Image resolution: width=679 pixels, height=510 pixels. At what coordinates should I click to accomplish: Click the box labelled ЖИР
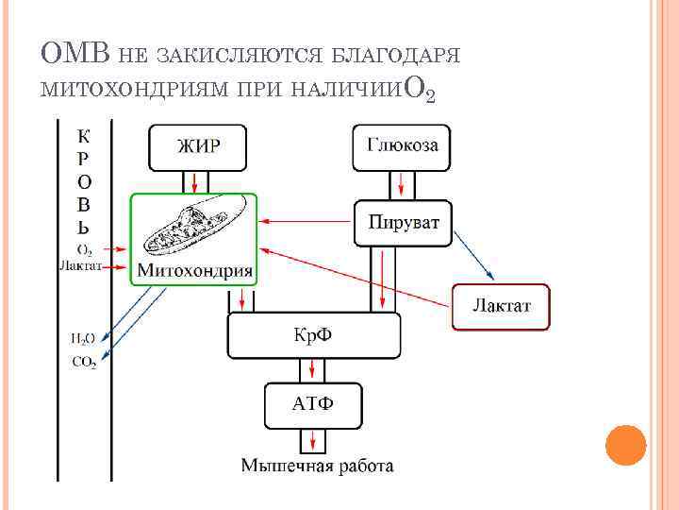pyautogui.click(x=198, y=146)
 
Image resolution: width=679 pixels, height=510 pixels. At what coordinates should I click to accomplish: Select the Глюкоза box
pyautogui.click(x=403, y=146)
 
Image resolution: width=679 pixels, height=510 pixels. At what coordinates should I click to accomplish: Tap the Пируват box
pyautogui.click(x=403, y=224)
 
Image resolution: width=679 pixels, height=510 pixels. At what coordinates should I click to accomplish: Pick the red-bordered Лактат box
pyautogui.click(x=501, y=307)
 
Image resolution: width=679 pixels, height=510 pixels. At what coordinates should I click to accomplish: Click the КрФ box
pyautogui.click(x=314, y=337)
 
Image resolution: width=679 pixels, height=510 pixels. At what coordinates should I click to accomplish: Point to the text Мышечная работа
pyautogui.click(x=317, y=465)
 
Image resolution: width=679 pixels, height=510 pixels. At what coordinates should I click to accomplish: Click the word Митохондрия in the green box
pyautogui.click(x=195, y=271)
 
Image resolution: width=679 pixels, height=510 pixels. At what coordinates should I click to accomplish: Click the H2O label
pyautogui.click(x=82, y=337)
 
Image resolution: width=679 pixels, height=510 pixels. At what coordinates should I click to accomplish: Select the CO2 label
pyautogui.click(x=84, y=362)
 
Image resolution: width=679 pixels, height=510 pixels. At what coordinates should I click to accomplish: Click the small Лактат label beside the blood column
pyautogui.click(x=79, y=266)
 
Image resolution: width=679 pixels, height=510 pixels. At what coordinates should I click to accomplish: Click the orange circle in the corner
pyautogui.click(x=624, y=445)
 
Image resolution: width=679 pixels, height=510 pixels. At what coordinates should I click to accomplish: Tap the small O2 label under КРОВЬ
pyautogui.click(x=84, y=250)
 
